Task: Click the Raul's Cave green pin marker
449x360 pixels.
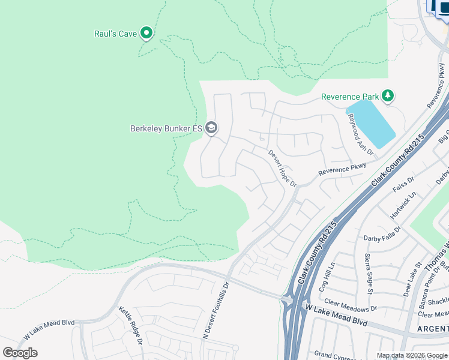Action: click(146, 33)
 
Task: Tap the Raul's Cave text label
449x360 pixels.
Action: click(115, 34)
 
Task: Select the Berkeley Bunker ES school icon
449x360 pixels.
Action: click(211, 127)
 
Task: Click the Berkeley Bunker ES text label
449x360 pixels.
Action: click(166, 128)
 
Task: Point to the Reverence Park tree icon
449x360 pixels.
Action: click(388, 95)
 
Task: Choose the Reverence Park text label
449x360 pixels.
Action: click(350, 97)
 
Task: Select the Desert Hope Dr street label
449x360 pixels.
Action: click(282, 168)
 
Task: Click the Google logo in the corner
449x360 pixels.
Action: click(20, 352)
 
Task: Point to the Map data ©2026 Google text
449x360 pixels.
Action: click(412, 355)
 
